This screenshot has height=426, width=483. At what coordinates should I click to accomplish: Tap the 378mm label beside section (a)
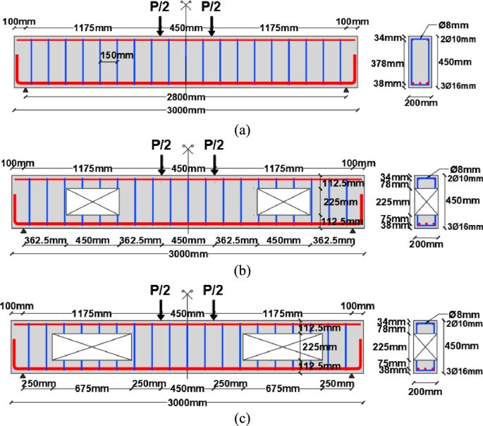point(389,62)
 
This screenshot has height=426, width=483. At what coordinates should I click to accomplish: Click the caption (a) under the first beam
point(243,130)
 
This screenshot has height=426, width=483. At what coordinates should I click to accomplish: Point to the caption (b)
point(243,270)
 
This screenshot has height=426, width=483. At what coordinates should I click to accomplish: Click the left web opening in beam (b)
point(92,201)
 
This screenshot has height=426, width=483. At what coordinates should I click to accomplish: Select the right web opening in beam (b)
point(283,201)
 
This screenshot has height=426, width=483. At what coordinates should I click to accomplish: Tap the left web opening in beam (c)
point(92,348)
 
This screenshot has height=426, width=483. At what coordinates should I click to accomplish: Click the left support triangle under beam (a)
point(26,90)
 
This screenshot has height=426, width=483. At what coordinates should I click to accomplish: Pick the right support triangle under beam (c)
point(351,376)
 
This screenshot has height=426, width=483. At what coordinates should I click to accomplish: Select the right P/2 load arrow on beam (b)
point(214,164)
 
